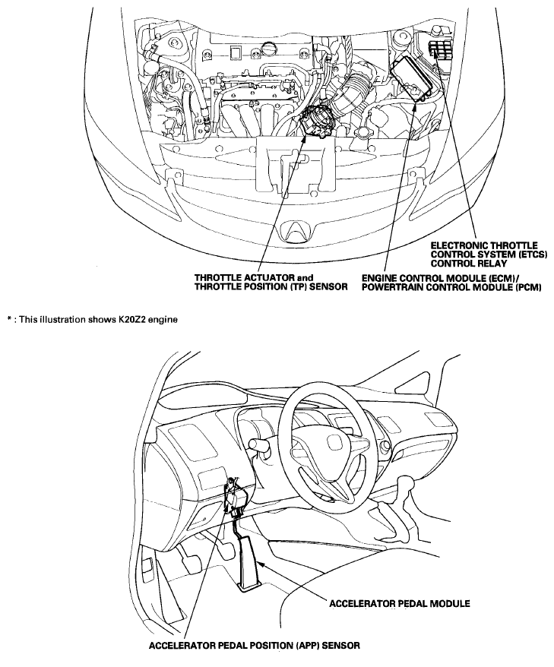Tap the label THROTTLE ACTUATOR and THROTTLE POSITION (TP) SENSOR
(x=271, y=282)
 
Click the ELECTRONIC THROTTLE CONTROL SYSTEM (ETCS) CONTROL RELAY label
(x=484, y=254)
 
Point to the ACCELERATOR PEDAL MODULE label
(x=400, y=603)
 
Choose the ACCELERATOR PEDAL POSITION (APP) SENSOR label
(x=255, y=645)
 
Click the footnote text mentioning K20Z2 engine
(x=92, y=319)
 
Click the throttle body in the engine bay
(x=316, y=120)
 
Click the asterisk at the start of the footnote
(x=8, y=318)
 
